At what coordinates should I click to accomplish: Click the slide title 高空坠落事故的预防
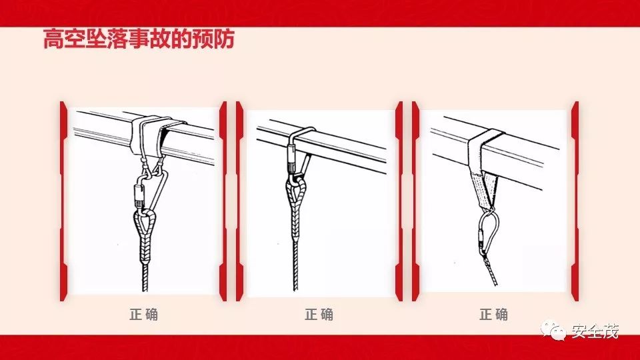[139, 39]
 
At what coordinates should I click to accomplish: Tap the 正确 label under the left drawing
[144, 314]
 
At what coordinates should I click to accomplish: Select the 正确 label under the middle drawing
[319, 314]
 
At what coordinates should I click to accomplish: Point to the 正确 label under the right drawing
[493, 314]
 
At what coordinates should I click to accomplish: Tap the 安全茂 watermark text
[595, 331]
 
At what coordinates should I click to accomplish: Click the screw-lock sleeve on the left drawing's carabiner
[139, 195]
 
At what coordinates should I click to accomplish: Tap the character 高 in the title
[53, 39]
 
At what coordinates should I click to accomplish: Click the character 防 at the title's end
[224, 39]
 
